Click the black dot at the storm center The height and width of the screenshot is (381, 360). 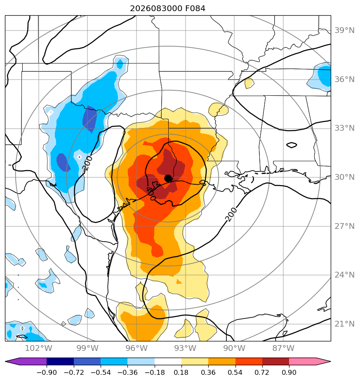point(168,178)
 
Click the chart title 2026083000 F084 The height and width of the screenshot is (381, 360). point(167,9)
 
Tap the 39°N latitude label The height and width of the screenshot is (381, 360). point(344,31)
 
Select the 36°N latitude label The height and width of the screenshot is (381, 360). point(344,80)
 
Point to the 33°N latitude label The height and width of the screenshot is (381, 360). point(344,128)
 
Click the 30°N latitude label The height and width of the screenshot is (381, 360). point(344,177)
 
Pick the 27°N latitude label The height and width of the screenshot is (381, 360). point(344,226)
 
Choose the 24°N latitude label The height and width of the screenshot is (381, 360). point(344,275)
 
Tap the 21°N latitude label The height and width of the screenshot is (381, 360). point(344,324)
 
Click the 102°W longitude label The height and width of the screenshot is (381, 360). point(39,348)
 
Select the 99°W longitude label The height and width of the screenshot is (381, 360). point(87,348)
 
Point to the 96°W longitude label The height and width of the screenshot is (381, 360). point(136,348)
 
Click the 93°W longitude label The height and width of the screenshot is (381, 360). point(186,348)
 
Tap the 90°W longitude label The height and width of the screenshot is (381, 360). point(234,348)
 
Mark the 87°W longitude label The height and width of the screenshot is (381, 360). point(283,348)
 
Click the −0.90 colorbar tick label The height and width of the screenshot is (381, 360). point(47,372)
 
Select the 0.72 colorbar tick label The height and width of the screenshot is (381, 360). point(262,372)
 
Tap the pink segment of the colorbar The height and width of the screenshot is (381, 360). point(309,362)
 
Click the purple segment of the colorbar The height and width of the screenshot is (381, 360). point(27,362)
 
